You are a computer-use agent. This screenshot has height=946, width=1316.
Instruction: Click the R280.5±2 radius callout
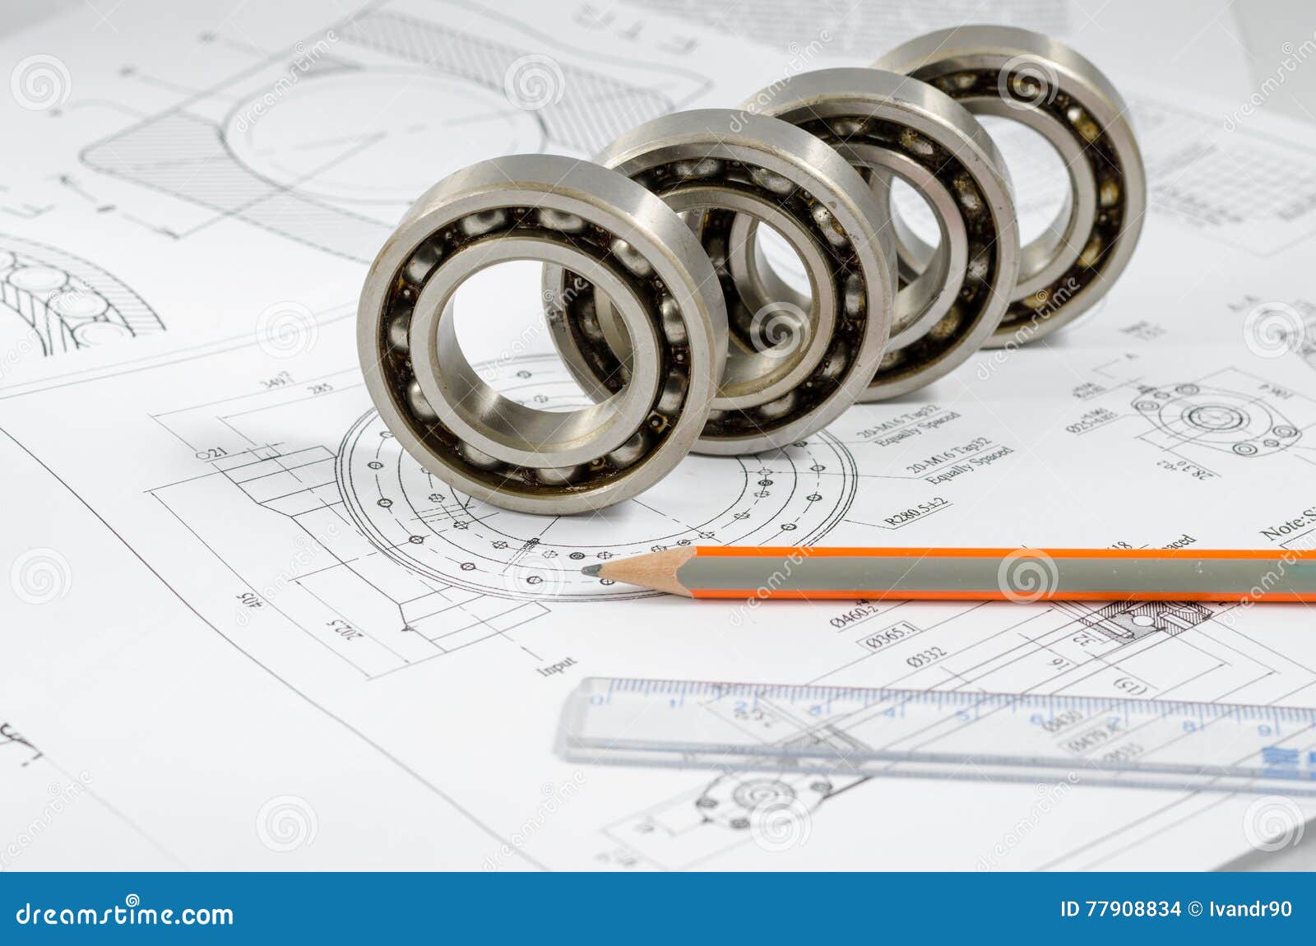[x=916, y=510]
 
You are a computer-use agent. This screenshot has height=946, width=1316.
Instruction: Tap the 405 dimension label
[x=243, y=609]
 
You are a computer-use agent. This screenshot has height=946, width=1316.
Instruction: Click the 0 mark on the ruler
[x=599, y=701]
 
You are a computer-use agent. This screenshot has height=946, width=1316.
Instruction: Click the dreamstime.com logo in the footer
[x=125, y=914]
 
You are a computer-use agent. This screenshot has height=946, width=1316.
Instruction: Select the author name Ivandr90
[x=1251, y=909]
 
